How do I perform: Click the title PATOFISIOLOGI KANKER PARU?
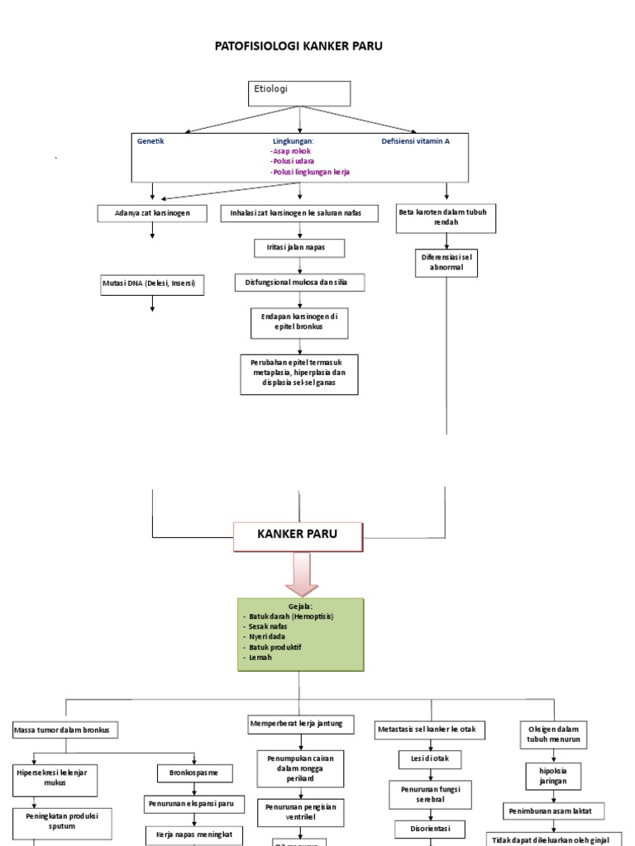coord(298,46)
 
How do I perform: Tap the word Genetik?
coord(150,141)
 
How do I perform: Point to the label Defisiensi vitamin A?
coord(415,141)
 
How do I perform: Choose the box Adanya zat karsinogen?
coord(152,213)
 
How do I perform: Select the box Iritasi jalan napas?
coord(299,248)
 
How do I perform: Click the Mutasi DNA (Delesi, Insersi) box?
coord(152,286)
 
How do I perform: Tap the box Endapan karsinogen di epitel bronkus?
coord(299,322)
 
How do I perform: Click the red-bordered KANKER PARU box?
coord(298,536)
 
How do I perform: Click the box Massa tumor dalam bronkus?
coord(66,730)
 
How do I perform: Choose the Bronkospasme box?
coord(195,773)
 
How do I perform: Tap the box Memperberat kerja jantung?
coord(301,725)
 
